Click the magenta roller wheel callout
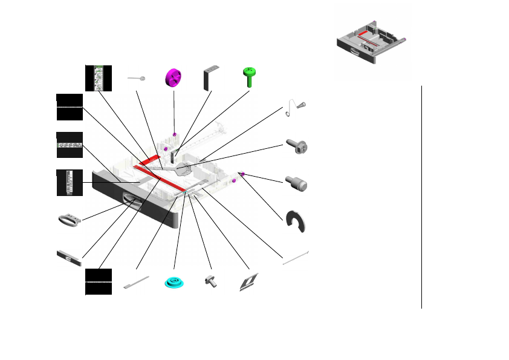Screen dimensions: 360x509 (173, 78)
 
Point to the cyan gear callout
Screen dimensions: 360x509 (174, 283)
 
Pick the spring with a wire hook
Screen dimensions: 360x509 (297, 106)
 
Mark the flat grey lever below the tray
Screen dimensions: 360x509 (136, 282)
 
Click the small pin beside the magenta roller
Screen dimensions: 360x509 (137, 79)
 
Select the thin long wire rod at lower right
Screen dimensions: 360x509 (296, 257)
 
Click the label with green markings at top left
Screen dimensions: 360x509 (98, 77)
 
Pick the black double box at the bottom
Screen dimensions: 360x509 (98, 282)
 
